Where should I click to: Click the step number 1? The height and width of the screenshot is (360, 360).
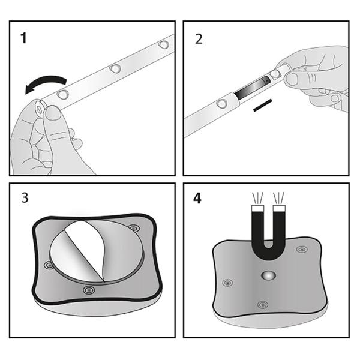[23, 40]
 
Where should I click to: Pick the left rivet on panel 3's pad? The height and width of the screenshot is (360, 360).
[48, 265]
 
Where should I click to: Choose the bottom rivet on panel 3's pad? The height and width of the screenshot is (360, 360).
[89, 291]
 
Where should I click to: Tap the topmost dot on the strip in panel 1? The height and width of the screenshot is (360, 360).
[163, 44]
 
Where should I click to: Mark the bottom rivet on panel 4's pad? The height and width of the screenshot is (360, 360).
[262, 305]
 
